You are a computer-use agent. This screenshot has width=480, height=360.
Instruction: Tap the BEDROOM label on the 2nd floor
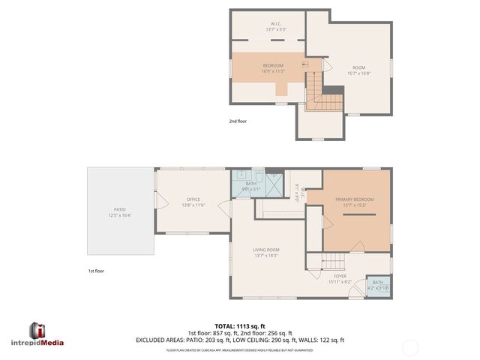273,68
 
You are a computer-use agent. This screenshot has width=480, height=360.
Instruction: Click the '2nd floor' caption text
238,121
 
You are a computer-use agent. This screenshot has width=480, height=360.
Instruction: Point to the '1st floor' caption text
95,271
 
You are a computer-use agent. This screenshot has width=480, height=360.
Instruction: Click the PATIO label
120,211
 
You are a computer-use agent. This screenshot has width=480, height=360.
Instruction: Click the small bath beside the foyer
378,285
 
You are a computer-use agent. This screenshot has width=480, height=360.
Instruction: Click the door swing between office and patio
157,180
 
